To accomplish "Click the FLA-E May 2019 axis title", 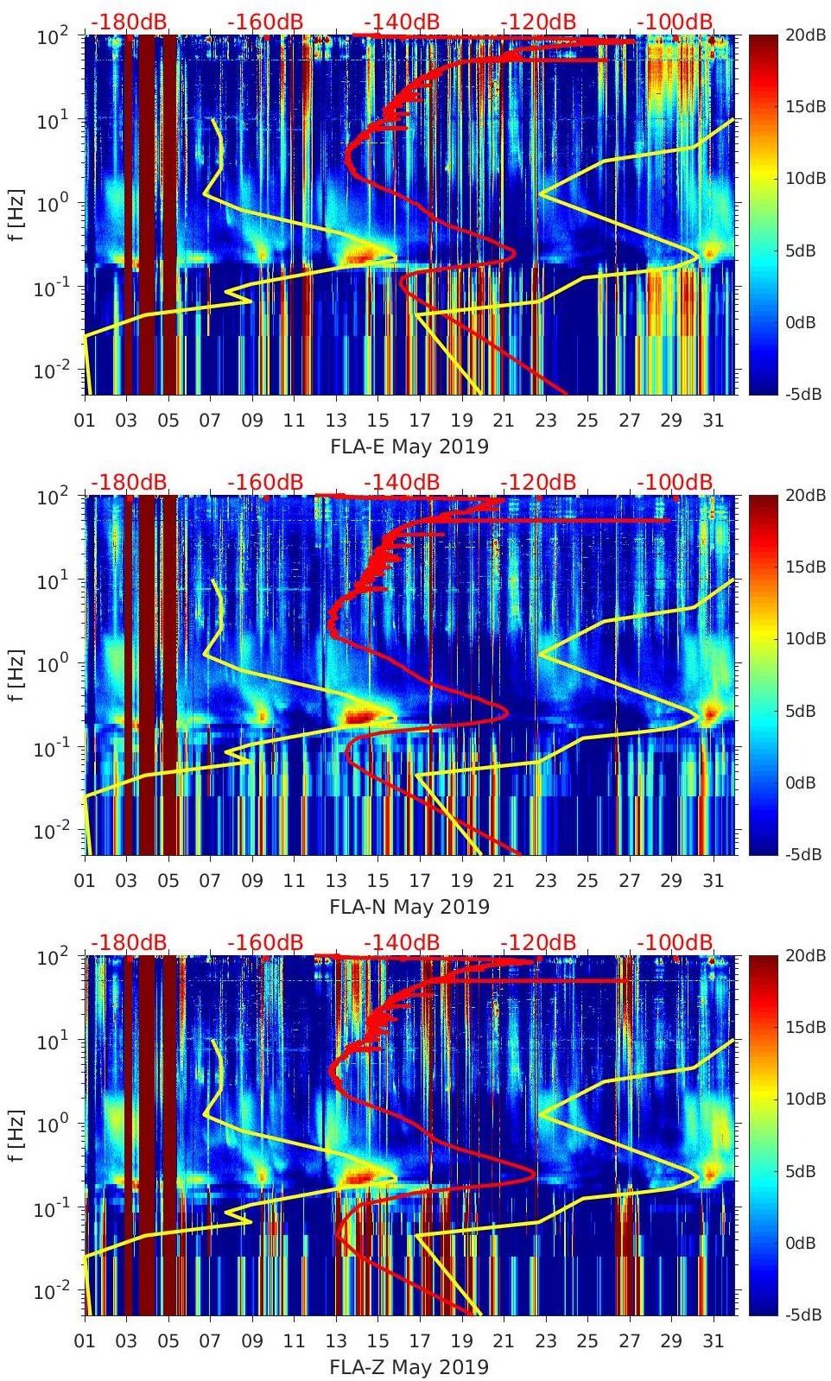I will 409,447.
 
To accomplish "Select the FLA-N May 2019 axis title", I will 409,908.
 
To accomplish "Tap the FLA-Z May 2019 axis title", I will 409,1368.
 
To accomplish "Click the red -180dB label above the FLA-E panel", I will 129,22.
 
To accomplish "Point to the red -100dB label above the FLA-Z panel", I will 675,942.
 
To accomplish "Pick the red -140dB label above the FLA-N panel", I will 402,482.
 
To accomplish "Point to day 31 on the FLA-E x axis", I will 713,421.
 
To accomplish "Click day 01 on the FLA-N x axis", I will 85,882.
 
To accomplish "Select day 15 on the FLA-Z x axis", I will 377,1342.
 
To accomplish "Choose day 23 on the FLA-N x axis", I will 545,882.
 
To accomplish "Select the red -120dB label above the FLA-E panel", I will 538,22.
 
